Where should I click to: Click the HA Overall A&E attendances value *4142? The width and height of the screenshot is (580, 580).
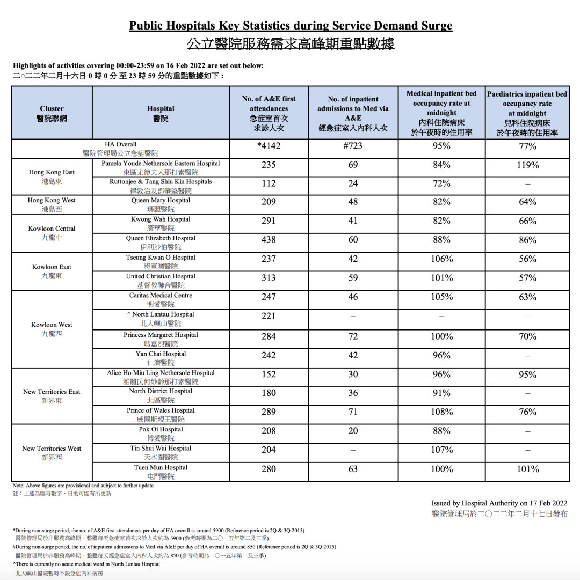pos(269,146)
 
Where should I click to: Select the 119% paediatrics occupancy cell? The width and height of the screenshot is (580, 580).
pos(527,165)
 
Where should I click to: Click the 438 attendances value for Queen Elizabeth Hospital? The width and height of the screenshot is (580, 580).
pos(269,240)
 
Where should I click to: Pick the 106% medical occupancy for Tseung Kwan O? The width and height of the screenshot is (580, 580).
pos(441,259)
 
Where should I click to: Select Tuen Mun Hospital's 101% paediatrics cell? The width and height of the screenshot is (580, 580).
pos(527,469)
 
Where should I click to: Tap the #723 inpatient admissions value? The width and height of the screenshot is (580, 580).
pos(353,146)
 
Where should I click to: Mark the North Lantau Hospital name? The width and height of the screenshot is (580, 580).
pos(162,314)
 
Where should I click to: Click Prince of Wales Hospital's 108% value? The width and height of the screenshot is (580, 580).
pos(441,412)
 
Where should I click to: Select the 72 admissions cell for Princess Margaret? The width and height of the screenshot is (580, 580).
pos(353,336)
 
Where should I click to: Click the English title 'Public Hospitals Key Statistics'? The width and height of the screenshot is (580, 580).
pos(291,26)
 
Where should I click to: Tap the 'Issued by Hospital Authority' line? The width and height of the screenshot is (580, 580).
pos(499,503)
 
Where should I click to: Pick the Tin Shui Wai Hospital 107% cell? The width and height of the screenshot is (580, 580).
pos(441,450)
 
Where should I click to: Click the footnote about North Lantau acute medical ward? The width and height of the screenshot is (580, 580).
pos(86,564)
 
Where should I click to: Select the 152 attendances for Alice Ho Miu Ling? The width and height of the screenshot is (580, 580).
pos(269,375)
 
